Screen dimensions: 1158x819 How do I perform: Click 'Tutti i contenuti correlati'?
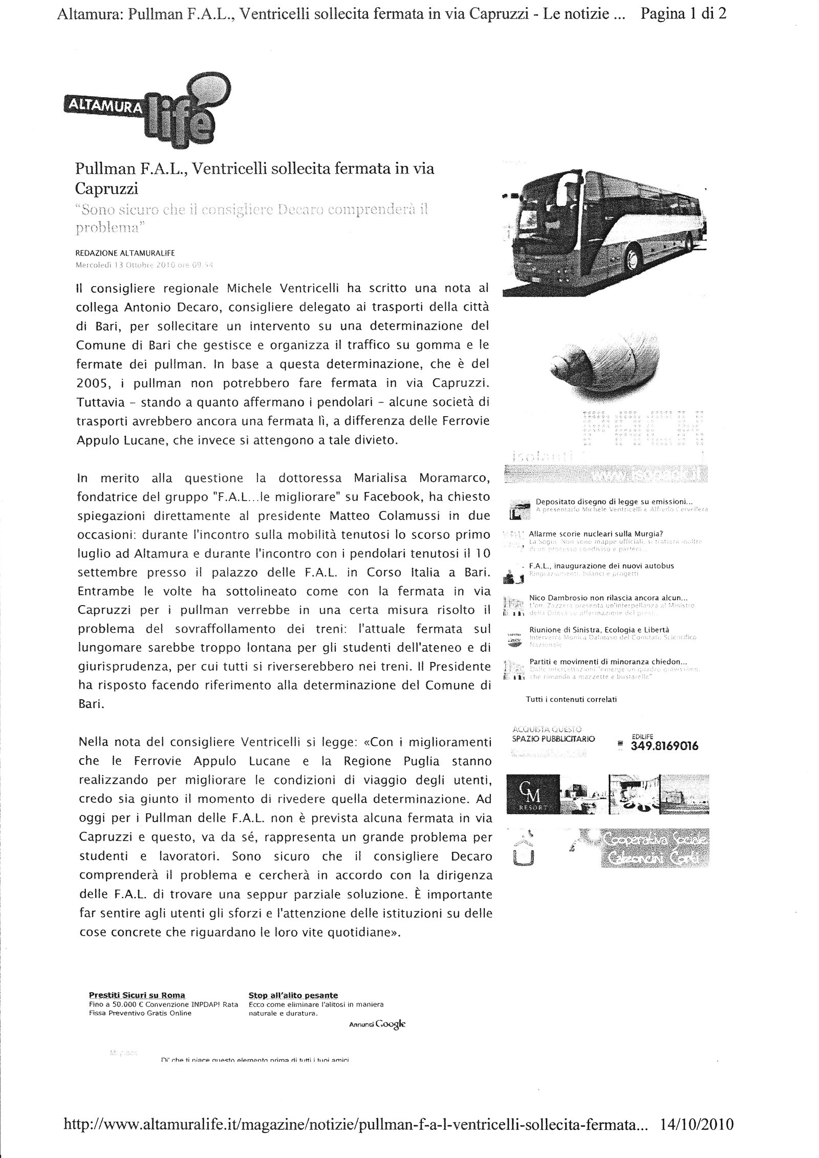pyautogui.click(x=571, y=699)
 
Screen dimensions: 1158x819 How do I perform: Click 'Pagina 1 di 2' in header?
pyautogui.click(x=683, y=14)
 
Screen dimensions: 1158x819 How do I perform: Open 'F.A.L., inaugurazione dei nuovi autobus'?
pyautogui.click(x=601, y=566)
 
